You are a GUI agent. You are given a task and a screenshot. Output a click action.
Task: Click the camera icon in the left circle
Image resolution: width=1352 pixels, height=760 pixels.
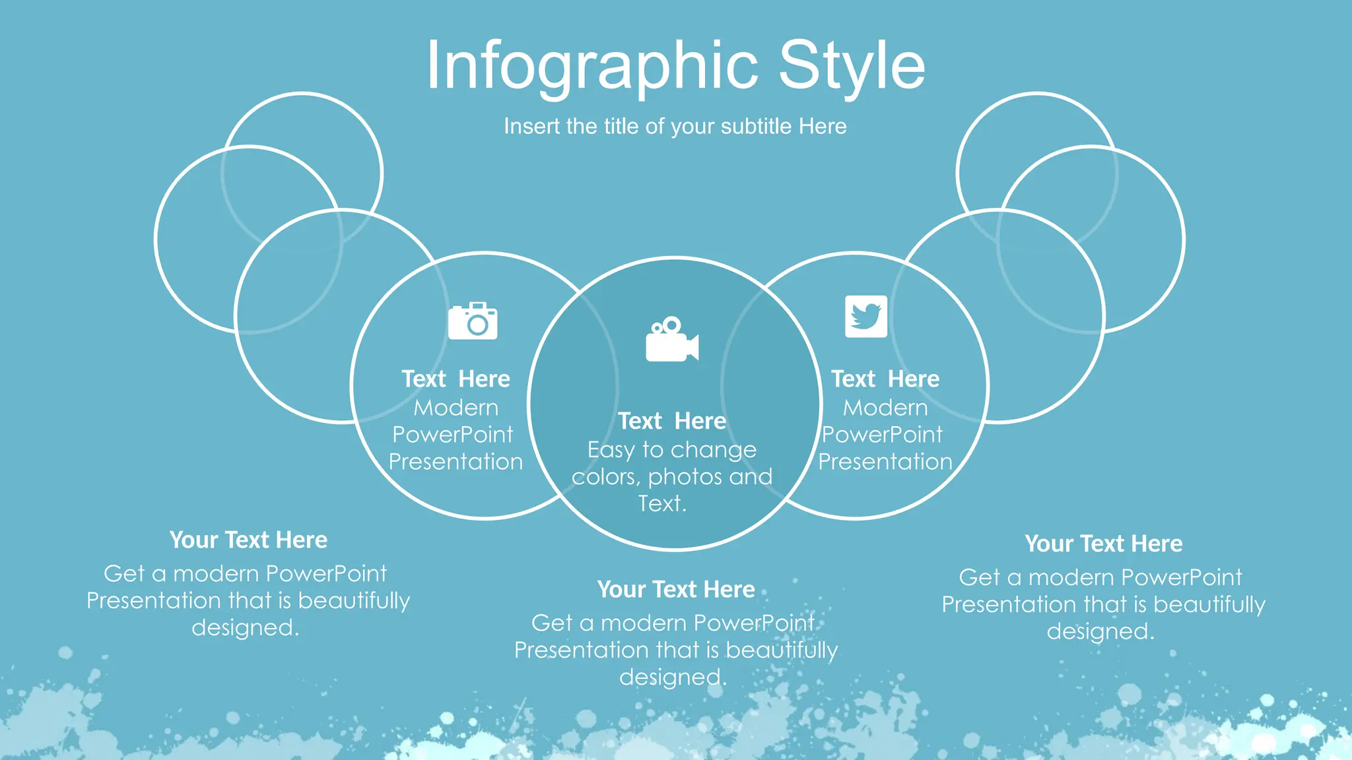click(473, 321)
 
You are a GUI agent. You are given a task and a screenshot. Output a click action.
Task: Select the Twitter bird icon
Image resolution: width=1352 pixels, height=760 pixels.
click(865, 316)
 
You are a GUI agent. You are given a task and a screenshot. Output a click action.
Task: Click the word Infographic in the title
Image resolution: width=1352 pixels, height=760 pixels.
click(592, 66)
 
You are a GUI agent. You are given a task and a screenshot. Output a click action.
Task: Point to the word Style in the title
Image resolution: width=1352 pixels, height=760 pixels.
click(852, 66)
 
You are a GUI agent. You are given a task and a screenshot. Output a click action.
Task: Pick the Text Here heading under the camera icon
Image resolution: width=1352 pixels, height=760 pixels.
click(456, 379)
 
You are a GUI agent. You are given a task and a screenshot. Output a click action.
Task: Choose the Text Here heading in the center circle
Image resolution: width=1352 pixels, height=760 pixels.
click(671, 421)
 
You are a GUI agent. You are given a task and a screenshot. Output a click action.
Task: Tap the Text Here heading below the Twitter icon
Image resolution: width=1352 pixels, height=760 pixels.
click(885, 379)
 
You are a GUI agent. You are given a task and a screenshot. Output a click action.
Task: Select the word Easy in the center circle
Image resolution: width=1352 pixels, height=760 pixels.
click(611, 450)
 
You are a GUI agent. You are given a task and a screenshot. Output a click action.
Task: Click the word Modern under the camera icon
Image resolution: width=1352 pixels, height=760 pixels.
click(456, 408)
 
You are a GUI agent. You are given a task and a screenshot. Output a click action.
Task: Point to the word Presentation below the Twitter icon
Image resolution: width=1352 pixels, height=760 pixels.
click(885, 462)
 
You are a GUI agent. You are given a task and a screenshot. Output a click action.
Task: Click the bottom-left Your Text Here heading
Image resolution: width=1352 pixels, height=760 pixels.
click(248, 540)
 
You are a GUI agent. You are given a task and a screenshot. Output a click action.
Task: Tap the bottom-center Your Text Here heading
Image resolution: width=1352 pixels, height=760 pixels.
click(676, 589)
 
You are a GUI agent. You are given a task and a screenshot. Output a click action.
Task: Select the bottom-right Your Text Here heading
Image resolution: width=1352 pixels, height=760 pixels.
click(1103, 544)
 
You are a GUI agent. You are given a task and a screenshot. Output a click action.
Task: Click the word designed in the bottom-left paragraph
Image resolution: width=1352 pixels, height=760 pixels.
click(244, 627)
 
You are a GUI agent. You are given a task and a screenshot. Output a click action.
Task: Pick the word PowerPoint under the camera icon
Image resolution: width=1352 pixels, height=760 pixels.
click(453, 435)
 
